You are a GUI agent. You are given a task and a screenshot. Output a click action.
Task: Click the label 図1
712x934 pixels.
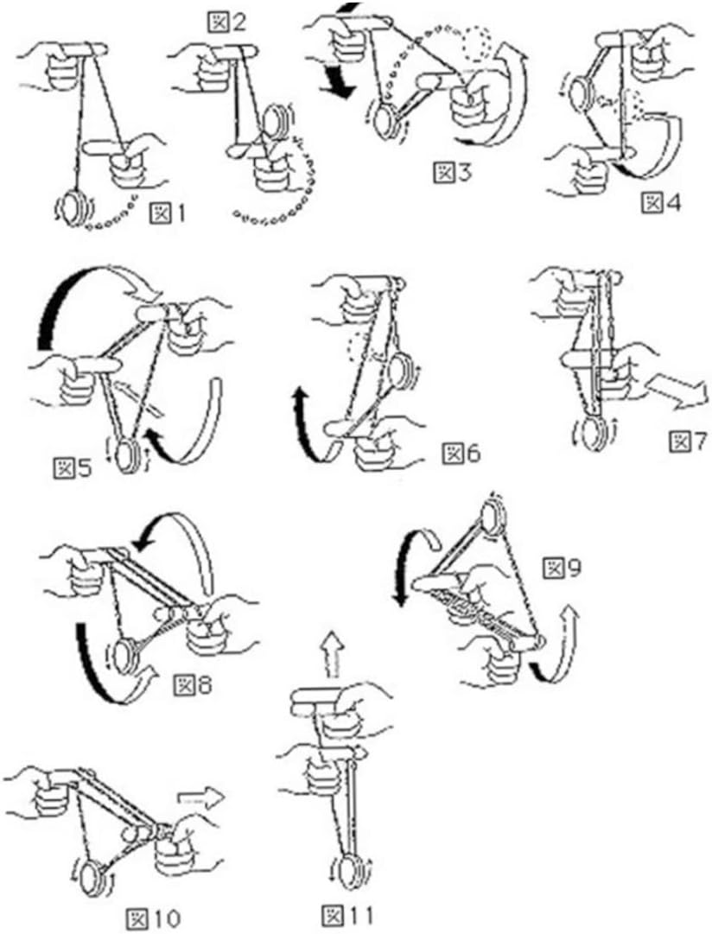(x=168, y=213)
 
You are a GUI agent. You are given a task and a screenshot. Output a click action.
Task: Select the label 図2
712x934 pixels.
(x=226, y=23)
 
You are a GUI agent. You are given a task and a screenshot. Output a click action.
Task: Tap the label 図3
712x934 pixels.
(x=452, y=172)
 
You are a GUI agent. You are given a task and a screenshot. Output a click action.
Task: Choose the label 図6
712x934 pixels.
(x=461, y=454)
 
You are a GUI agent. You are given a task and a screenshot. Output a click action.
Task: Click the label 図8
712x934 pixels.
(x=193, y=685)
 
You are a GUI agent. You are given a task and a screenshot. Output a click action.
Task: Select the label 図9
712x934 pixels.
(x=562, y=569)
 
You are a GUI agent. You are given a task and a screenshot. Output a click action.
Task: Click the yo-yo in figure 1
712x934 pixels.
(x=73, y=208)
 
